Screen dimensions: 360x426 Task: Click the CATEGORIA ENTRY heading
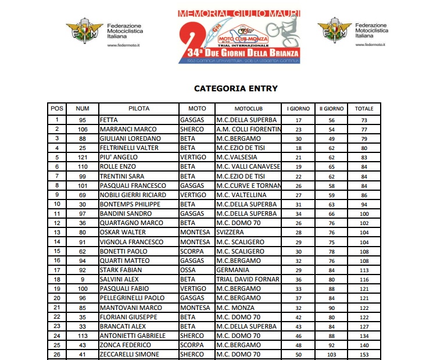click(235, 89)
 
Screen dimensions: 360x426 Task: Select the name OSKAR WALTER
click(123, 232)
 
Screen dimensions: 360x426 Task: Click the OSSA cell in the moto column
click(187, 270)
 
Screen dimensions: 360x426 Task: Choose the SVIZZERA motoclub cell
click(230, 232)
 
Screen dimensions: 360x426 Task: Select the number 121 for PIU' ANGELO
click(83, 157)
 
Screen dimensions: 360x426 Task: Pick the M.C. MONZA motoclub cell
click(235, 307)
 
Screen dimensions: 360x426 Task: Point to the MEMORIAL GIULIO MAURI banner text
click(240, 13)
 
